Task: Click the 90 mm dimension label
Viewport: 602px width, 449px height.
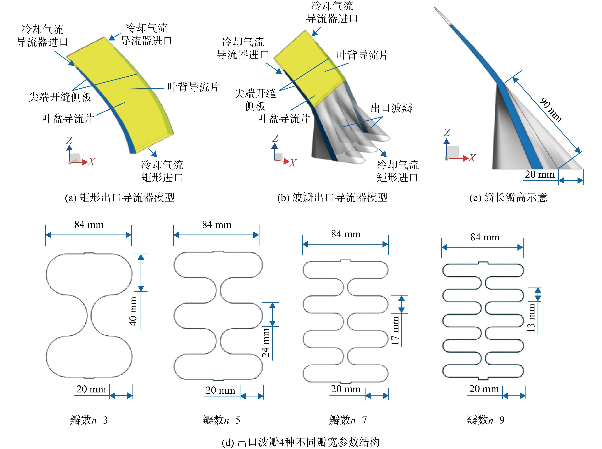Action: [x=551, y=110]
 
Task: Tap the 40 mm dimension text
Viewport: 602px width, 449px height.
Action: [x=133, y=312]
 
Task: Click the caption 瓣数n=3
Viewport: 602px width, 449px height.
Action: [x=89, y=420]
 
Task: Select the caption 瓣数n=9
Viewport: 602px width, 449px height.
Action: [x=486, y=420]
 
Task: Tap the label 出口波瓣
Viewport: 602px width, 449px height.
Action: [x=391, y=108]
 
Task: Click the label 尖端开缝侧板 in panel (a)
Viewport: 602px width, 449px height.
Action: [x=60, y=97]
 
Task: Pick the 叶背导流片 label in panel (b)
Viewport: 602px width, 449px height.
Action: [x=363, y=55]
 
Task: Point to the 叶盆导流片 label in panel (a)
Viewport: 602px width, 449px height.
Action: [x=68, y=118]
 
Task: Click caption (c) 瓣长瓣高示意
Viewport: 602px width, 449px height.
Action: [x=508, y=197]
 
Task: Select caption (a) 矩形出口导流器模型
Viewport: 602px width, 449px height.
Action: [x=120, y=197]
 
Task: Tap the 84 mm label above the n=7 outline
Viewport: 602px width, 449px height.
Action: [x=346, y=234]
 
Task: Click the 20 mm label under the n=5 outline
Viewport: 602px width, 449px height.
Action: [x=220, y=390]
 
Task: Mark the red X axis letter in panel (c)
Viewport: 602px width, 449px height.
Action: [x=472, y=158]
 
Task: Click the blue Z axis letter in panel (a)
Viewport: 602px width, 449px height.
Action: [x=69, y=140]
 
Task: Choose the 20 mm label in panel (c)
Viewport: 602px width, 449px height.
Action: [x=539, y=174]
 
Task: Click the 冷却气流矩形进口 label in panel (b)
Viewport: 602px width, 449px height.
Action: [x=397, y=171]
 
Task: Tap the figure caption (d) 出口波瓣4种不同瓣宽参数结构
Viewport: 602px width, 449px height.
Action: [x=301, y=442]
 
